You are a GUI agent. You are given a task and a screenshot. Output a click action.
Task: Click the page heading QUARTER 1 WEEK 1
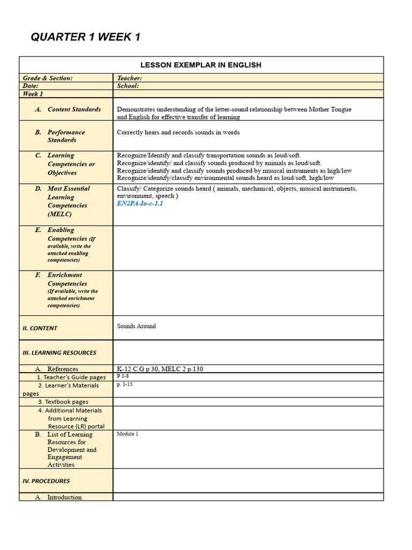(85, 37)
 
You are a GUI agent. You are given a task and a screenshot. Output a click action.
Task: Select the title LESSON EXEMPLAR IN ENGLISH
(201, 65)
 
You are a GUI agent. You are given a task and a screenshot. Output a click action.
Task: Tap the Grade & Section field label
(47, 78)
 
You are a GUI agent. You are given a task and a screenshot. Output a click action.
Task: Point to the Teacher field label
(129, 78)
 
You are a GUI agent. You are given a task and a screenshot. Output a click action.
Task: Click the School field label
(128, 85)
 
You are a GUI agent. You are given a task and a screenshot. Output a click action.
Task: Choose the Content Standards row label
(74, 109)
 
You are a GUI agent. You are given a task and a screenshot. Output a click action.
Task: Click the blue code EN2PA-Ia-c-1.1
(140, 204)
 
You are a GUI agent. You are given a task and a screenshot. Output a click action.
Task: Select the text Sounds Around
(136, 326)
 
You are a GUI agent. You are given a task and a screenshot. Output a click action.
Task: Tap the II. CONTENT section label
(40, 328)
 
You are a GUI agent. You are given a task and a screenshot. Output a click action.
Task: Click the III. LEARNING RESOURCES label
(59, 353)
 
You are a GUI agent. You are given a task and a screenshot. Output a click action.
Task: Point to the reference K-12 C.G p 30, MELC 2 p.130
(160, 369)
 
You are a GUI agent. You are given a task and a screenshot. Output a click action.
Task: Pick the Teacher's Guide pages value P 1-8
(123, 377)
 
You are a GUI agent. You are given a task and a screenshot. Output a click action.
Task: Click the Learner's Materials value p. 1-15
(124, 385)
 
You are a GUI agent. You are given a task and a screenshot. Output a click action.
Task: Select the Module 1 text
(127, 433)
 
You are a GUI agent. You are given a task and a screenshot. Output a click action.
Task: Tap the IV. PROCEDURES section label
(46, 481)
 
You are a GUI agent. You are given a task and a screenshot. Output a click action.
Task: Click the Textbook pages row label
(63, 402)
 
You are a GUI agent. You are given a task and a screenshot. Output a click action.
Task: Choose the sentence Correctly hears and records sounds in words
(178, 132)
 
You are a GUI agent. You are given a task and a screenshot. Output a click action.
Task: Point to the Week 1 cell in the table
(33, 93)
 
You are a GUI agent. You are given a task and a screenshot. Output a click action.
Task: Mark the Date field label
(31, 85)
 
